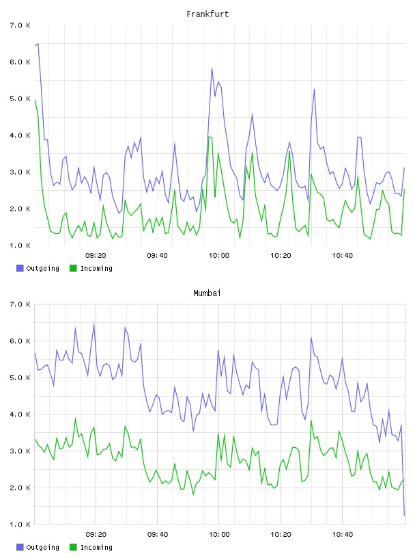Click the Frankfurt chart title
[207, 14]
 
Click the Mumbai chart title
[207, 293]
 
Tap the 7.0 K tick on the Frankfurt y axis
[20, 25]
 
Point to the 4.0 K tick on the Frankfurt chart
[20, 135]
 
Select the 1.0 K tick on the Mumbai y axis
[20, 524]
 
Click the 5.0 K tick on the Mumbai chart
[20, 377]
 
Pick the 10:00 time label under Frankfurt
[219, 255]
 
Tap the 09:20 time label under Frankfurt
[96, 255]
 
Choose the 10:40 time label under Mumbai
[343, 534]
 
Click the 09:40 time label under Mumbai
[158, 534]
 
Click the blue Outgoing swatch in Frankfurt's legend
[20, 268]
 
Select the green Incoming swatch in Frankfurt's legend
[73, 268]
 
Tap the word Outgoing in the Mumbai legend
[42, 547]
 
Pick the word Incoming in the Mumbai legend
[96, 547]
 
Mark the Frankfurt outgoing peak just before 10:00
[212, 68]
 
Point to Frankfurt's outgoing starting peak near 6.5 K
[38, 44]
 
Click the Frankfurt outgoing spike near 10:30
[314, 90]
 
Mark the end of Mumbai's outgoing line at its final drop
[404, 516]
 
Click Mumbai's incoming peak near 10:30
[311, 421]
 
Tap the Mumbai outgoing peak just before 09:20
[94, 323]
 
